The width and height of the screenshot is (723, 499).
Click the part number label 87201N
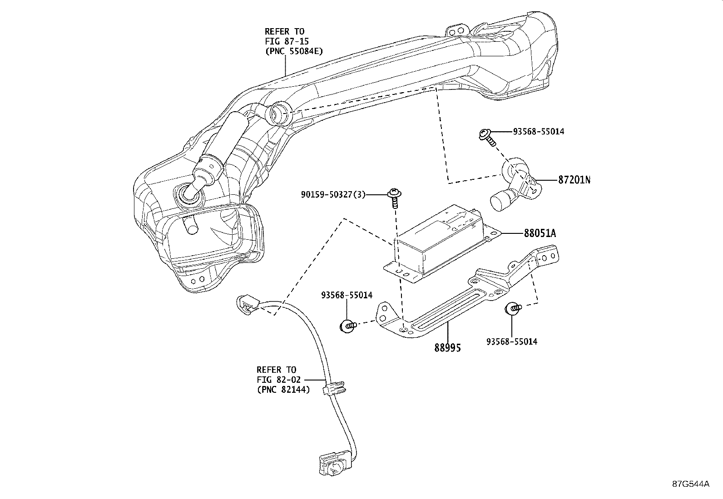[574, 180]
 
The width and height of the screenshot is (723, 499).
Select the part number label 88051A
[540, 233]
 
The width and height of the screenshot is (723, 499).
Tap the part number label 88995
[447, 348]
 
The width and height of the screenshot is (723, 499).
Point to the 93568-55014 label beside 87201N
[539, 131]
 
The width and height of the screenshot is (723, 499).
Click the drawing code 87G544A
[691, 484]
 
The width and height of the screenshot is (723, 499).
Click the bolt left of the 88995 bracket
[347, 325]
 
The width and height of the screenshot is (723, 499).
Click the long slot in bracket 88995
[444, 311]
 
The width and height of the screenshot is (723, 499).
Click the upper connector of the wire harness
[247, 303]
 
